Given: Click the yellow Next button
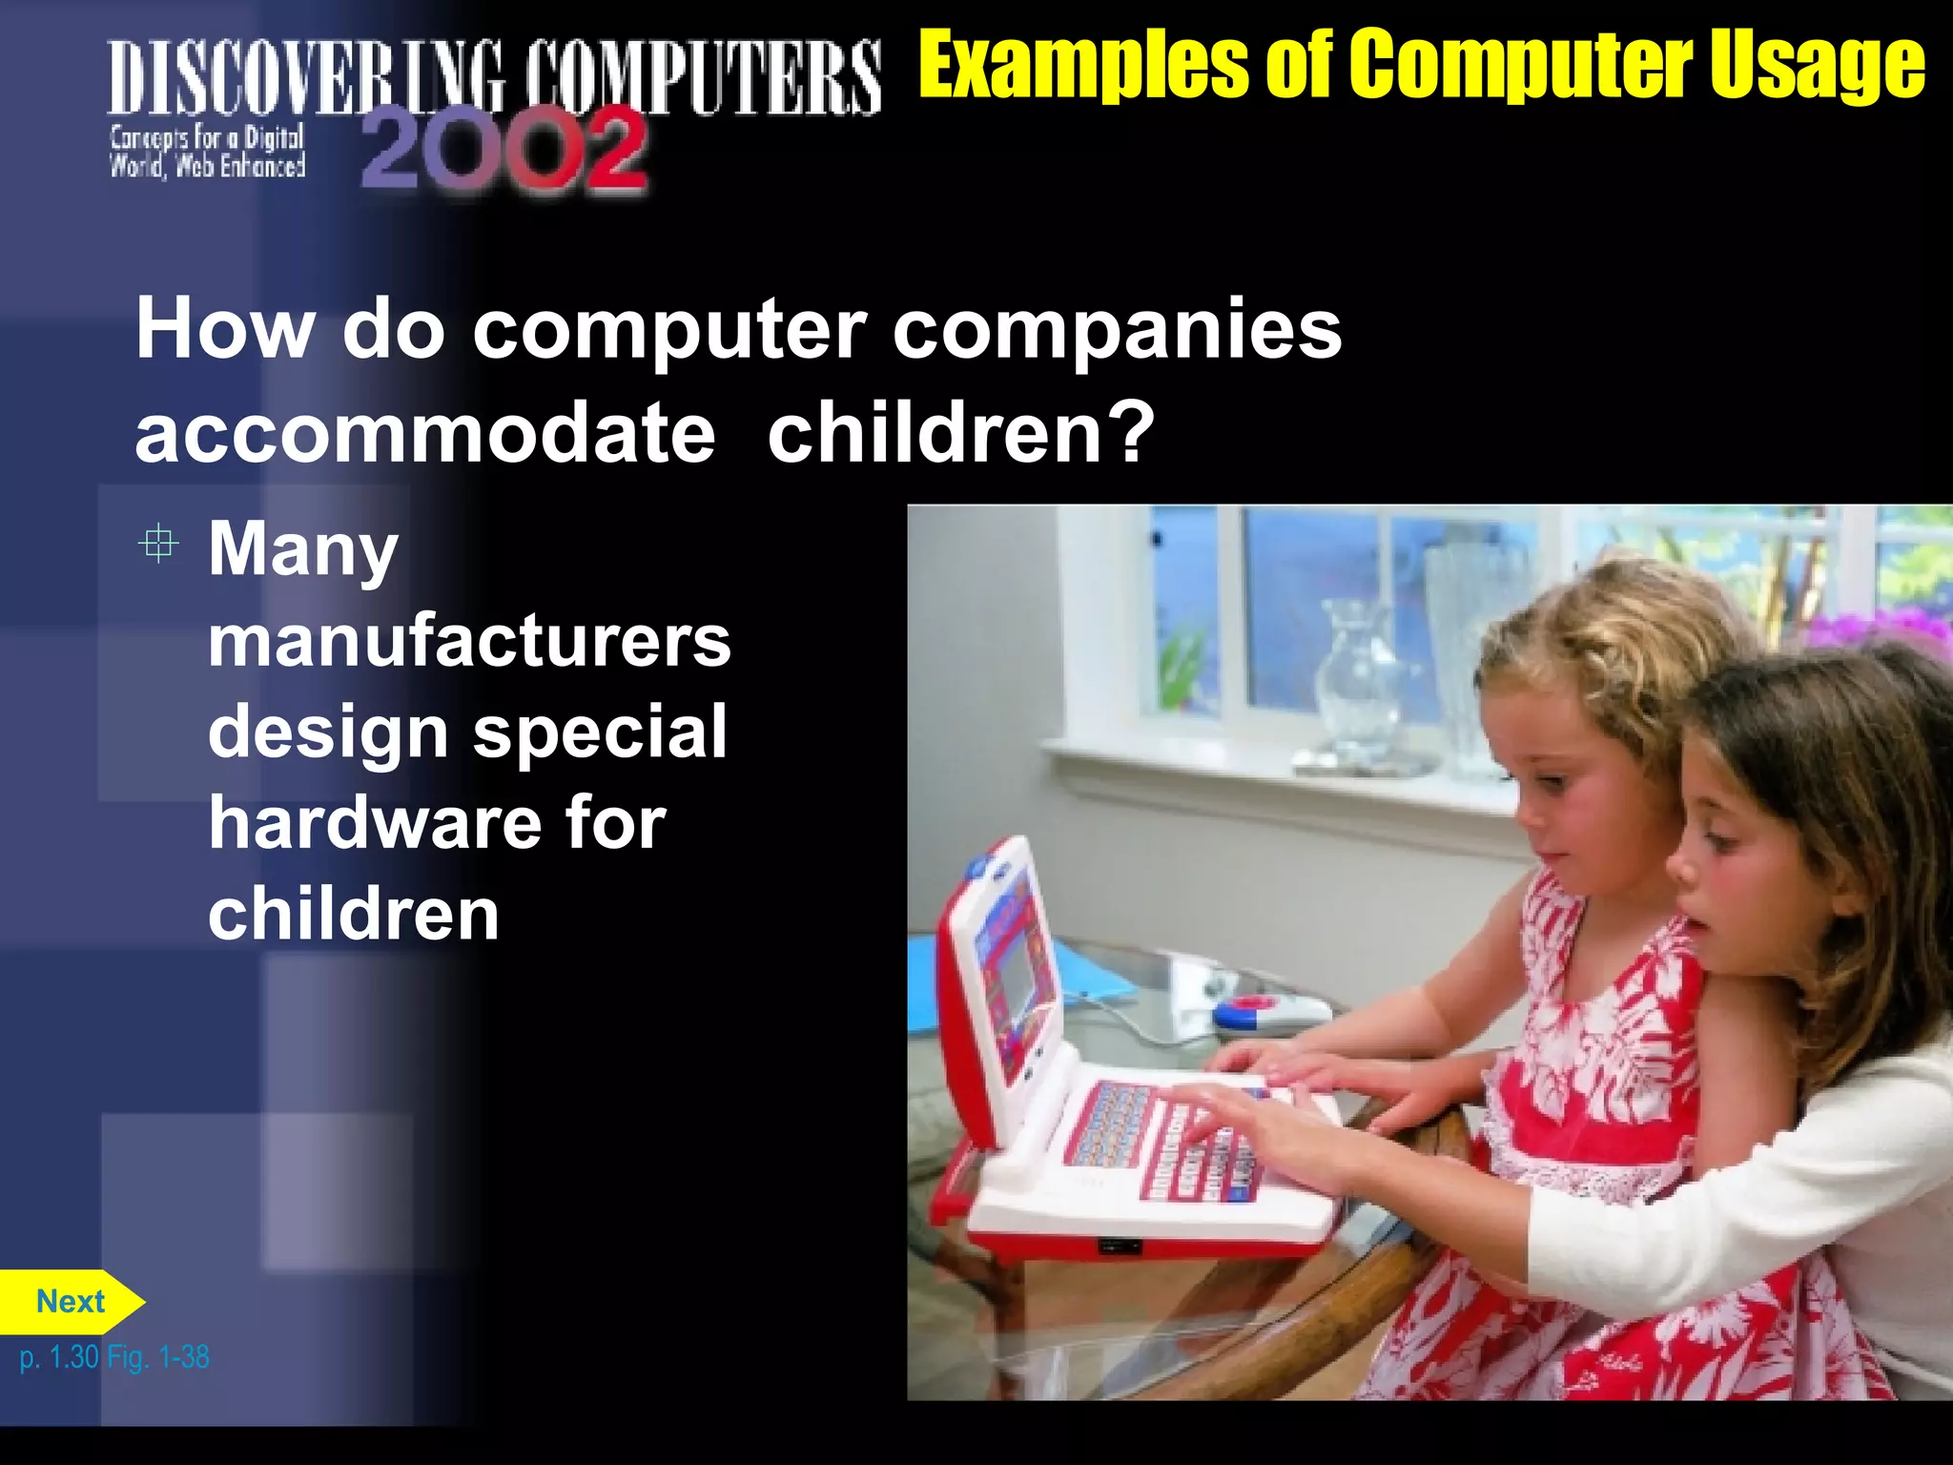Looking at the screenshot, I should pos(71,1301).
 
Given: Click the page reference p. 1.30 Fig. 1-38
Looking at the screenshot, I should pos(114,1356).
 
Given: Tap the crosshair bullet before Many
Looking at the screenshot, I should pos(158,545).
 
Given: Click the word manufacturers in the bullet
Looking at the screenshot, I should pos(469,641).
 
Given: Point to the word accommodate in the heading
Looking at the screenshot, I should pos(425,434).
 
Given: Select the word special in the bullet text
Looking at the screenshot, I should pos(601,732).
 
